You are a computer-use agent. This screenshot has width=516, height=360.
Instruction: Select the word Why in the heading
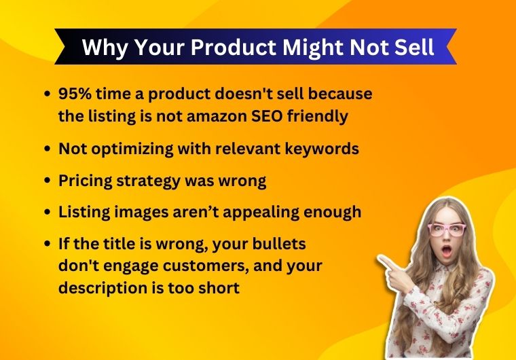[101, 47]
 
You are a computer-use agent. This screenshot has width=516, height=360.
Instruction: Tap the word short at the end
[219, 288]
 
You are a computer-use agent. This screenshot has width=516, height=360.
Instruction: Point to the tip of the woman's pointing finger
[380, 259]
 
